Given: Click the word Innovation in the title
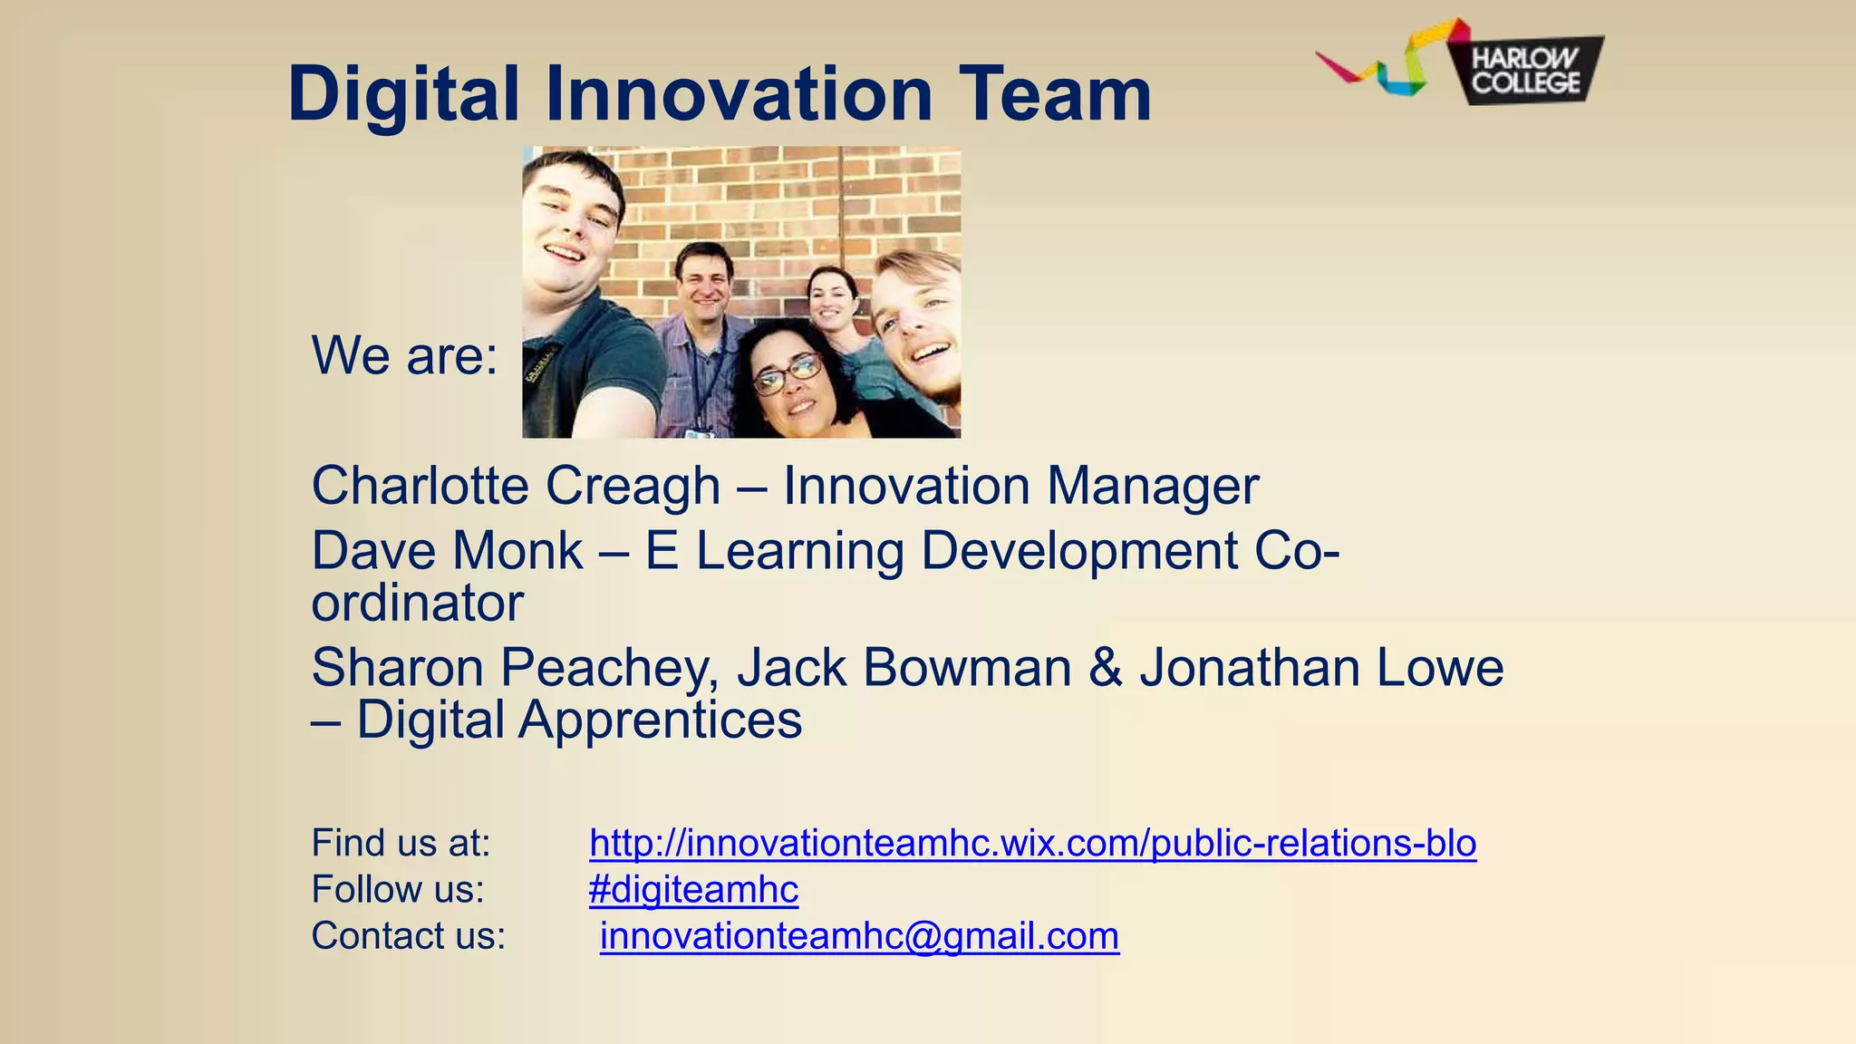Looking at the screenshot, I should pyautogui.click(x=738, y=94).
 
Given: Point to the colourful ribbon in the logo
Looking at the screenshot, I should pyautogui.click(x=1387, y=60).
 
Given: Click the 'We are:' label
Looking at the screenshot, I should pyautogui.click(x=404, y=355).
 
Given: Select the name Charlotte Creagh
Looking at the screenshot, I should pyautogui.click(x=516, y=486).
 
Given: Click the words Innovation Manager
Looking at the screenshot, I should pyautogui.click(x=1020, y=486).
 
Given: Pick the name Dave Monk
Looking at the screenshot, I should pyautogui.click(x=447, y=551).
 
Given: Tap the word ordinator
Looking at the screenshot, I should pyautogui.click(x=418, y=604).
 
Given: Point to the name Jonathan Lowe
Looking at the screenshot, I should pyautogui.click(x=1321, y=669).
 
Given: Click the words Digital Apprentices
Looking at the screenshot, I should pyautogui.click(x=578, y=720).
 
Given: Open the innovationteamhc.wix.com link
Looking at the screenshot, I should pyautogui.click(x=1032, y=844).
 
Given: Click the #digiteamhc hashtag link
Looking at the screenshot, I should pyautogui.click(x=693, y=890).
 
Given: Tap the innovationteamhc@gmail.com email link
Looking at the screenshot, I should pyautogui.click(x=859, y=936).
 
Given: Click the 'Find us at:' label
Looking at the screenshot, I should pyautogui.click(x=401, y=844).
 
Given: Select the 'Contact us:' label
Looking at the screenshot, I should pyautogui.click(x=408, y=936).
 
